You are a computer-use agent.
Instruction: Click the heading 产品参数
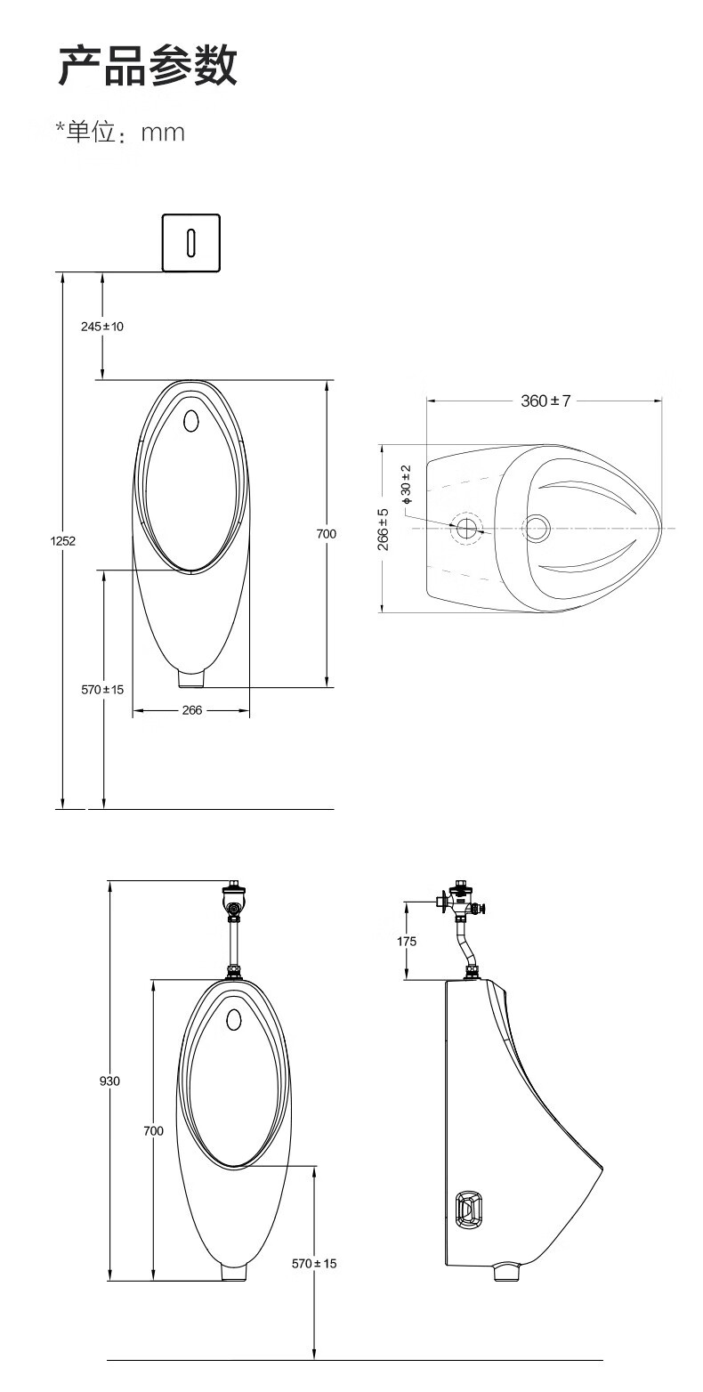pos(148,66)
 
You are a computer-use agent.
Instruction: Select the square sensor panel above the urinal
pos(190,242)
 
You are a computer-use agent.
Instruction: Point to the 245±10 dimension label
pos(102,327)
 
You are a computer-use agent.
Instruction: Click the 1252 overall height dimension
pos(62,540)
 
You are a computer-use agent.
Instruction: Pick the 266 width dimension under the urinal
pos(191,710)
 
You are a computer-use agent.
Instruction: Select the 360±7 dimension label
pos(545,401)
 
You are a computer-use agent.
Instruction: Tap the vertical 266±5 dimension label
pos(383,529)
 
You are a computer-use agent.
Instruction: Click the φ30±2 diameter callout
pos(407,483)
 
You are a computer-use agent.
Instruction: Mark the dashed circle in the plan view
pos(465,528)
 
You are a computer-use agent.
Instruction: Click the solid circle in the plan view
pos(537,528)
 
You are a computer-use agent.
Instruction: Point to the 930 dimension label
pos(109,1080)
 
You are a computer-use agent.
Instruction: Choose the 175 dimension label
pos(407,941)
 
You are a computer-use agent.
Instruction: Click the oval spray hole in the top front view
pos(190,420)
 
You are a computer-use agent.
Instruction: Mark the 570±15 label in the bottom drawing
pos(314,1263)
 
